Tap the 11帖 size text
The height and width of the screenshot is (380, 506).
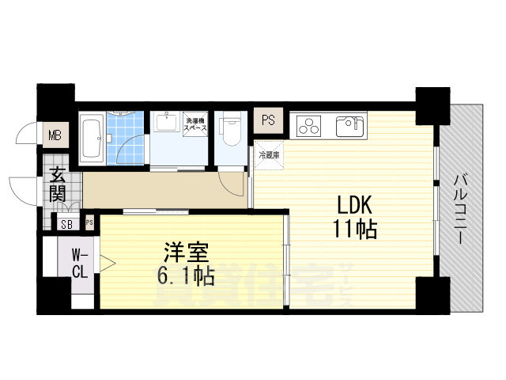pos(353,230)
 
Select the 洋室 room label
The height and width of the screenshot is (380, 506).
pos(186,256)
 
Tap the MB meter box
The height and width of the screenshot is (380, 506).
pos(55,134)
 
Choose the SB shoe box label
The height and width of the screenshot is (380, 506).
pos(66,224)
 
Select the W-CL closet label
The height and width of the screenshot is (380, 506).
pos(80,264)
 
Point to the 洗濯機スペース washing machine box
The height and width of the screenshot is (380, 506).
pos(195,126)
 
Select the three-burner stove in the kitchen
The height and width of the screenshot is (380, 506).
pos(309,127)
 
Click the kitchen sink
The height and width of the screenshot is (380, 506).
pos(349,126)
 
